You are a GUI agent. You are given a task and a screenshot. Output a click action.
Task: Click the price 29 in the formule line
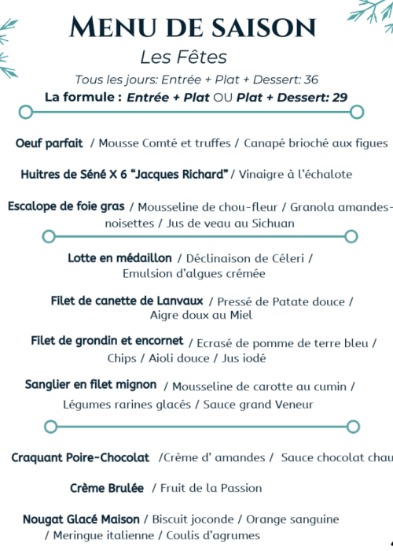pyautogui.click(x=340, y=97)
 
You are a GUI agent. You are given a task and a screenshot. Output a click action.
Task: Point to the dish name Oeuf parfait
pyautogui.click(x=49, y=142)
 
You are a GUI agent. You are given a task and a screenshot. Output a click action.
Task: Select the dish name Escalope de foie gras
pyautogui.click(x=66, y=206)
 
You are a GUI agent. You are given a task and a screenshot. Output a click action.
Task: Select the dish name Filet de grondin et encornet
pyautogui.click(x=107, y=342)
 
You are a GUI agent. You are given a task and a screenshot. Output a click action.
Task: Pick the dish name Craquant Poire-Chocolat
pyautogui.click(x=80, y=457)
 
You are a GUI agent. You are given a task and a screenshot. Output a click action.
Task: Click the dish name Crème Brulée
pyautogui.click(x=107, y=488)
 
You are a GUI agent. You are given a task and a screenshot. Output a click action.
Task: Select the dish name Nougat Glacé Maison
pyautogui.click(x=81, y=520)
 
